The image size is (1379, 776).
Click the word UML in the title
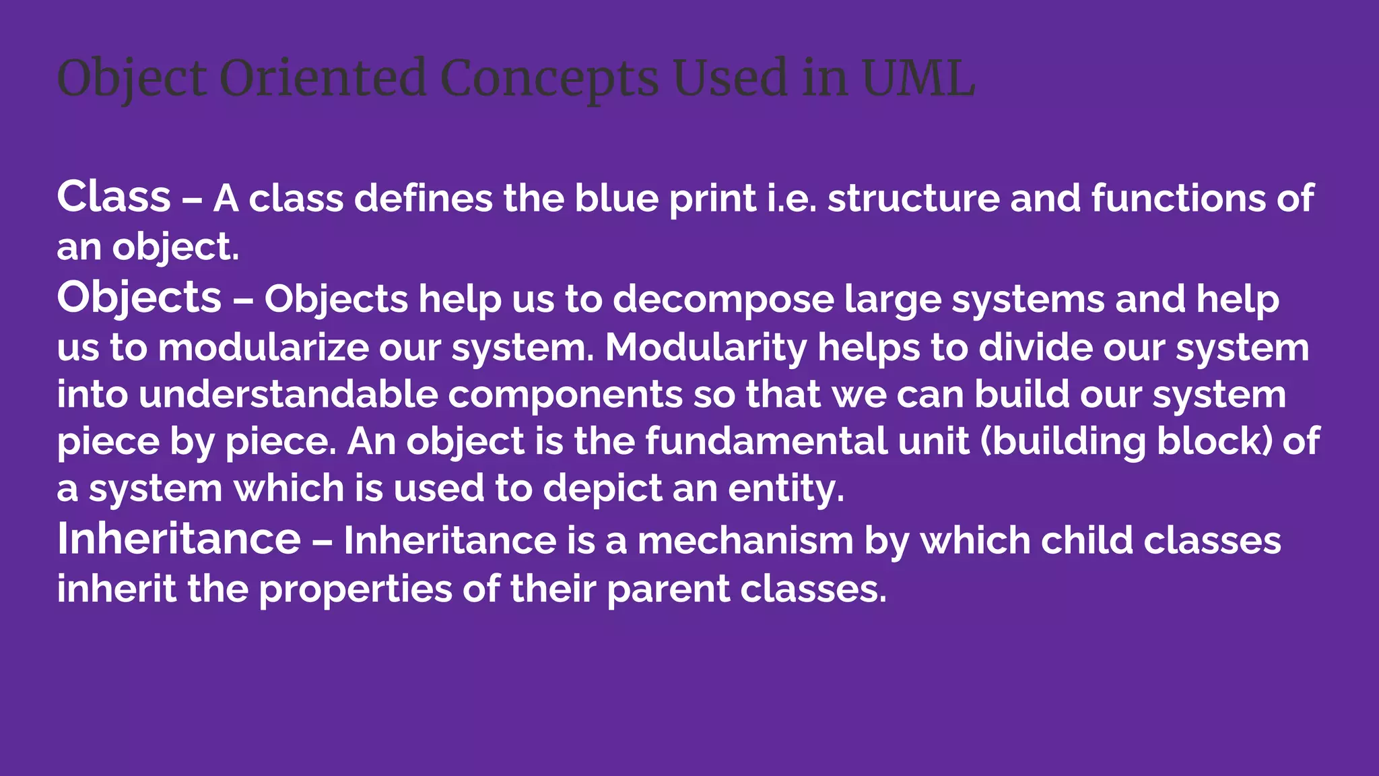click(x=918, y=78)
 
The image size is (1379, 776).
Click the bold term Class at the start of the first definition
click(x=114, y=197)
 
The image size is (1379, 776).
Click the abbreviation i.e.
click(x=792, y=199)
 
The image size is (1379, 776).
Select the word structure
click(x=914, y=199)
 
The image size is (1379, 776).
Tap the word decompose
click(x=723, y=299)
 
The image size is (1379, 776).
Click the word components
click(x=565, y=395)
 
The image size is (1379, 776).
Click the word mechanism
click(x=745, y=541)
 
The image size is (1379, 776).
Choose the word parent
click(x=668, y=589)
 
